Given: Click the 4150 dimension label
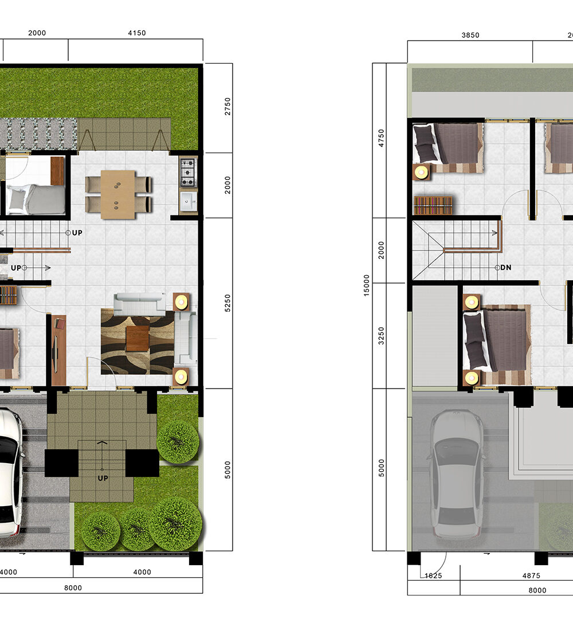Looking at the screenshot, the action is click(x=137, y=33).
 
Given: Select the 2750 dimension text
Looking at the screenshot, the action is click(x=227, y=107).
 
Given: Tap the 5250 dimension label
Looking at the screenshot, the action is click(x=227, y=303).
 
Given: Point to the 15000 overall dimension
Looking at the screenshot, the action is click(x=367, y=285).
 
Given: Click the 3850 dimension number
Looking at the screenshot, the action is click(x=470, y=35).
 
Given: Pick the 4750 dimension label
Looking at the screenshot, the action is click(x=381, y=138).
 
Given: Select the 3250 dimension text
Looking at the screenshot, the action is click(x=381, y=336).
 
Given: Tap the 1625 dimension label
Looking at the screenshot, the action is click(x=433, y=575).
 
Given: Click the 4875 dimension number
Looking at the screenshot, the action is click(x=531, y=575).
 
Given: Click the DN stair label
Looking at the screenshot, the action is click(x=506, y=268).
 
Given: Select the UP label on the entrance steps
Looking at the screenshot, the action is click(x=103, y=478).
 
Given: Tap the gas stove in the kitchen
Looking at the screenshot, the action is click(x=188, y=172).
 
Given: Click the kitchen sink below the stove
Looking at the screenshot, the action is click(x=189, y=202).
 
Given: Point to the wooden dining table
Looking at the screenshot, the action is click(x=118, y=194).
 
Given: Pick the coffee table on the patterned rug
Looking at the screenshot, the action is click(x=138, y=338).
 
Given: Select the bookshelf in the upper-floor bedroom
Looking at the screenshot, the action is click(x=433, y=205).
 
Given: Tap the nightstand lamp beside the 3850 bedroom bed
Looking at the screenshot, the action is click(x=422, y=172).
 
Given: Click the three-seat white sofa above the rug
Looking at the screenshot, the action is click(x=140, y=304).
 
